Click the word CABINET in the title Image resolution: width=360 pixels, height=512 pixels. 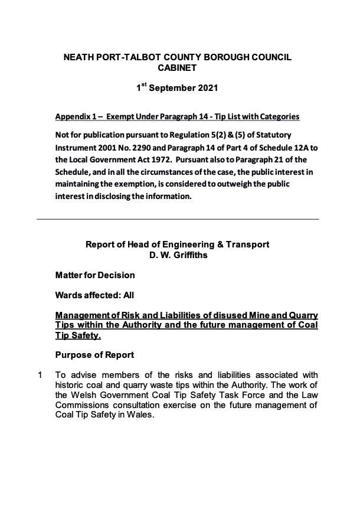point(177,68)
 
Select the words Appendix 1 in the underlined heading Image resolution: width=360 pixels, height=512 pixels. point(76,117)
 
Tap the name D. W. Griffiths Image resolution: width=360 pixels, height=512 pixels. point(178,255)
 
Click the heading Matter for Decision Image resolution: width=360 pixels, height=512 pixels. point(94,275)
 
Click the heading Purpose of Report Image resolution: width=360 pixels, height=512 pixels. point(94,355)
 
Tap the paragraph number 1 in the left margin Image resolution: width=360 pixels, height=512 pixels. point(40,375)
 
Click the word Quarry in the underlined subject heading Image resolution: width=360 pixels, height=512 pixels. point(300,315)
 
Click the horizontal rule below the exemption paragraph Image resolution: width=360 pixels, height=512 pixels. point(178,219)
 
